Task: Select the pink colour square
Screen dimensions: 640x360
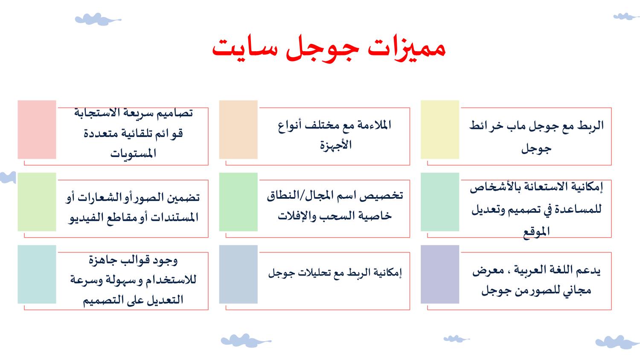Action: pyautogui.click(x=37, y=129)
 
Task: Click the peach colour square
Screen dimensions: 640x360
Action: pyautogui.click(x=238, y=129)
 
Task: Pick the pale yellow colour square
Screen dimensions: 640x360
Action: pyautogui.click(x=440, y=129)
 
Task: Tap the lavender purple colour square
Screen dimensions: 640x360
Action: pyautogui.click(x=440, y=274)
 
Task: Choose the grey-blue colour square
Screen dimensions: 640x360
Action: pyautogui.click(x=238, y=274)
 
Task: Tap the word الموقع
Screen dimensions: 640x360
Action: pyautogui.click(x=536, y=232)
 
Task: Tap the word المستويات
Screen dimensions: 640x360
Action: pyautogui.click(x=133, y=154)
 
